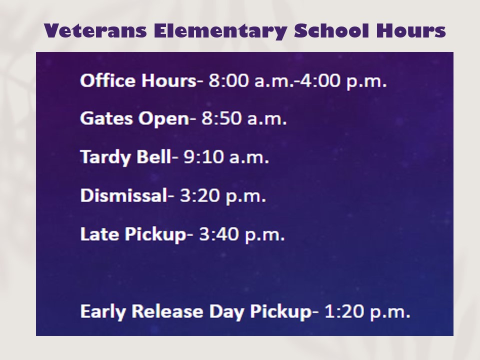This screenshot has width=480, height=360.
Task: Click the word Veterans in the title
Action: pyautogui.click(x=95, y=30)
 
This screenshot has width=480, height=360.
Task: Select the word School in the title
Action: pyautogui.click(x=331, y=30)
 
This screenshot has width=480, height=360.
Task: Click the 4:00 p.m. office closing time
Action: pyautogui.click(x=343, y=81)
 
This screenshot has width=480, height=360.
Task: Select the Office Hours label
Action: pyautogui.click(x=138, y=81)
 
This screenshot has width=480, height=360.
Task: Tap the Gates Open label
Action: pyautogui.click(x=134, y=119)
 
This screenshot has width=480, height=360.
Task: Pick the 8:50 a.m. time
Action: pyautogui.click(x=244, y=119)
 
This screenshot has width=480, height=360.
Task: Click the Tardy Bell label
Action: pyautogui.click(x=125, y=157)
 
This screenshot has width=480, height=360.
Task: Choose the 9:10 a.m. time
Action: pyautogui.click(x=226, y=157)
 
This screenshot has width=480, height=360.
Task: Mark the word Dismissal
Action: pyautogui.click(x=123, y=195)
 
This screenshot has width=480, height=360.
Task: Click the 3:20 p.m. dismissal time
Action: pyautogui.click(x=223, y=196)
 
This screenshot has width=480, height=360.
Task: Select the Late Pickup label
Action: pyautogui.click(x=133, y=234)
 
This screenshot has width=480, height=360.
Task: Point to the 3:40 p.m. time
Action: pyautogui.click(x=242, y=234)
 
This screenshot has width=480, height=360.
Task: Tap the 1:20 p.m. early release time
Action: pyautogui.click(x=367, y=311)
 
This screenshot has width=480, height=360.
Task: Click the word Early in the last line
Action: pyautogui.click(x=103, y=311)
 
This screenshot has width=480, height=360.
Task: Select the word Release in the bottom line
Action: pyautogui.click(x=167, y=311)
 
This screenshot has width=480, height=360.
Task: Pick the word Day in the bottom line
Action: pyautogui.click(x=226, y=312)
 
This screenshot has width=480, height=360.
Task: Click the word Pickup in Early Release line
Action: pyautogui.click(x=280, y=311)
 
